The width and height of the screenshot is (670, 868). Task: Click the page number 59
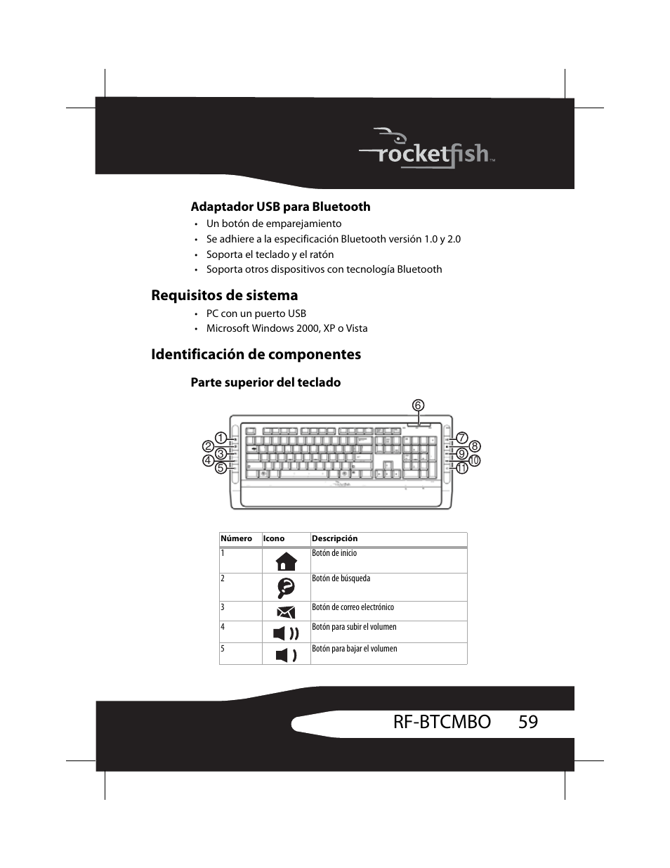click(528, 722)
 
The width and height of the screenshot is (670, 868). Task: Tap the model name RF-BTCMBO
click(442, 722)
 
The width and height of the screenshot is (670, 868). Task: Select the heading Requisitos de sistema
click(224, 295)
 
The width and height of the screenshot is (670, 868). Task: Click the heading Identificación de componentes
click(256, 354)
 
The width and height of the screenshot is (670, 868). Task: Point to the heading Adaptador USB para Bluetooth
click(280, 207)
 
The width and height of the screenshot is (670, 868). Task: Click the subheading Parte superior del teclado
click(265, 382)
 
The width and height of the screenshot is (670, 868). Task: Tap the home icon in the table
click(286, 561)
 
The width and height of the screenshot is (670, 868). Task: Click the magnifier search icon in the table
click(286, 587)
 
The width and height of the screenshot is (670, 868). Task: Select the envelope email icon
click(286, 611)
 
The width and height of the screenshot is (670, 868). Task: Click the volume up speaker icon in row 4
click(286, 633)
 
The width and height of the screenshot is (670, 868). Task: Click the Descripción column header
click(334, 539)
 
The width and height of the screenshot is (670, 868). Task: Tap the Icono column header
click(274, 539)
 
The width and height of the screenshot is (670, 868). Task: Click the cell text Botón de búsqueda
click(341, 578)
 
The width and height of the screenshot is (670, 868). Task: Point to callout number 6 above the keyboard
click(418, 406)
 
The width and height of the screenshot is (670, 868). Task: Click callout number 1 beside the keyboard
click(220, 437)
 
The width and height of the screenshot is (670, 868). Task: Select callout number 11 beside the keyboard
click(461, 468)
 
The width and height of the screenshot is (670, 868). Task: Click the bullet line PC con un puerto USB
click(256, 313)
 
